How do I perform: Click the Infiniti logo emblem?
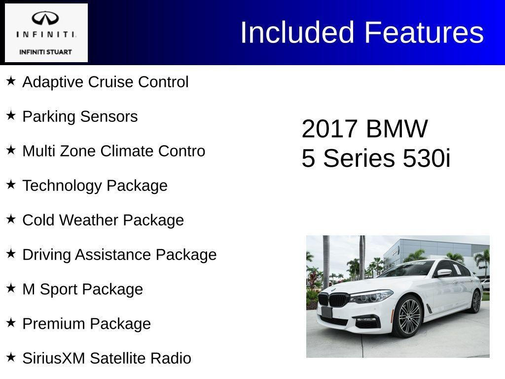pyautogui.click(x=45, y=19)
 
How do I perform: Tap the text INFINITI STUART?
pyautogui.click(x=45, y=52)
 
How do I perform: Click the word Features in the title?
pyautogui.click(x=424, y=33)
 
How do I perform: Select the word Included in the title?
pyautogui.click(x=297, y=33)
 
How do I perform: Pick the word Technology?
pyautogui.click(x=62, y=186)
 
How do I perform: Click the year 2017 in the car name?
pyautogui.click(x=329, y=129)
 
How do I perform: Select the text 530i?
pyautogui.click(x=427, y=159)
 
